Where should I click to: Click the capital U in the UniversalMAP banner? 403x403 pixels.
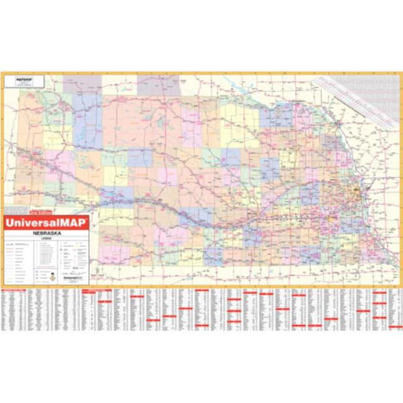[9, 221]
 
